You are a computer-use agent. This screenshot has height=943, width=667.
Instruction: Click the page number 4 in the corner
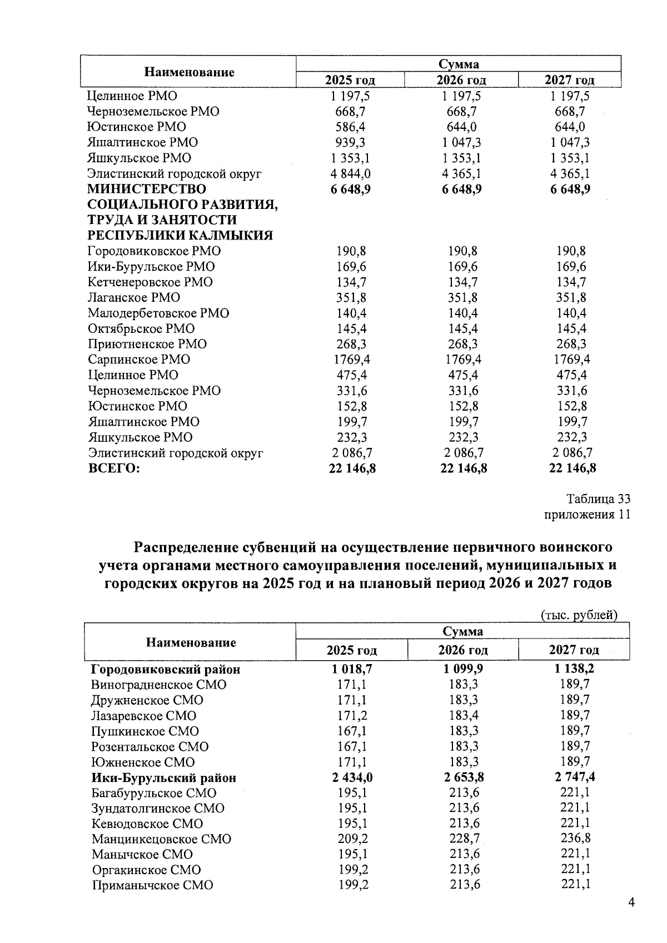point(631,902)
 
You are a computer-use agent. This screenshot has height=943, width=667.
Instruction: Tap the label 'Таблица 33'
point(598,498)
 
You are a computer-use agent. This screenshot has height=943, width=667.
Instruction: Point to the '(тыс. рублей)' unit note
point(579,615)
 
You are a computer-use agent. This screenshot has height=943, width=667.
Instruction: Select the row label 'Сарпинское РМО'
point(139,360)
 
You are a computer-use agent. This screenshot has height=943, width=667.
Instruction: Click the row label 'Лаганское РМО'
point(134,297)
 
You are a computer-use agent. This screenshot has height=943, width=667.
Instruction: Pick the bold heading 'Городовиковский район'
point(166,669)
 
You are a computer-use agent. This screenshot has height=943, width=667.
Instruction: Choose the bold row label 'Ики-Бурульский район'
point(163,778)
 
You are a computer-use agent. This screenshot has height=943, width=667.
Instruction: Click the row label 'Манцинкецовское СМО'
point(161,839)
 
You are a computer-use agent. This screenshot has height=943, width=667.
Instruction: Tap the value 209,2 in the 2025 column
point(353,839)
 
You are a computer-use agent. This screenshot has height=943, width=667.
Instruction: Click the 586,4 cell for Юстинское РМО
point(351,127)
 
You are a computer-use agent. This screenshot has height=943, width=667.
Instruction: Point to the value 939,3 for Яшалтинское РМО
point(351,142)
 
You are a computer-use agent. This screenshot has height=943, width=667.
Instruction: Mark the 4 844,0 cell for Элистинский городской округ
point(351,173)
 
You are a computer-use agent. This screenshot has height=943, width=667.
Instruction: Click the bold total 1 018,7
point(352,669)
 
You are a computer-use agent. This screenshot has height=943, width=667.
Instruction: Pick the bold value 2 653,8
point(464,777)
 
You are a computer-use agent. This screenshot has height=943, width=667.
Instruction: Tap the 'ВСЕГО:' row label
point(114,468)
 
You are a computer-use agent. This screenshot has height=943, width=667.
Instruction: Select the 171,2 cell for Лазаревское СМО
point(352,716)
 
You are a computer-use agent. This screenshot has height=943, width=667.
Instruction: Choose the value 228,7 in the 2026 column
point(465,839)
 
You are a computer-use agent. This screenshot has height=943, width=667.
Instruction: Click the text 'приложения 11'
point(587,515)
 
